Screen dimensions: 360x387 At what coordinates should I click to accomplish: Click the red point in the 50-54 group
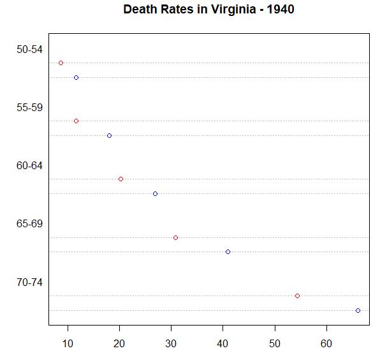[x=61, y=63]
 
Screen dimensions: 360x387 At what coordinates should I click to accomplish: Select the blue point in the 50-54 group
[x=76, y=77]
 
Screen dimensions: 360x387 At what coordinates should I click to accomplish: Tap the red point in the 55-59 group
[x=76, y=121]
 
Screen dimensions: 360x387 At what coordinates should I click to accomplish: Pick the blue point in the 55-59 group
[x=109, y=135]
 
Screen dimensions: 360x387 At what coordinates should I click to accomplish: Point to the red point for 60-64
[x=120, y=179]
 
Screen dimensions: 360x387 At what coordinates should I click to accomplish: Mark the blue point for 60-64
[x=155, y=193]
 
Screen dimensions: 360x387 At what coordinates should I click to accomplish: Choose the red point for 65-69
[x=175, y=237]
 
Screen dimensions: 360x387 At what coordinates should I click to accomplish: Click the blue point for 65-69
[x=228, y=251]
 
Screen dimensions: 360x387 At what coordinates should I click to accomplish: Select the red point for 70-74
[x=297, y=296]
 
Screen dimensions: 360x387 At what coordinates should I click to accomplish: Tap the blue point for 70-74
[x=358, y=310]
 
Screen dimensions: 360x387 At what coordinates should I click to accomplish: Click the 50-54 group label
[x=29, y=49]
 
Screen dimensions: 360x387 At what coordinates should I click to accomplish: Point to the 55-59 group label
[x=29, y=107]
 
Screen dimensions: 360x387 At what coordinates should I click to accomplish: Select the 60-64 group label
[x=29, y=165]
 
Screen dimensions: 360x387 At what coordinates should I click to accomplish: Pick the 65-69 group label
[x=29, y=223]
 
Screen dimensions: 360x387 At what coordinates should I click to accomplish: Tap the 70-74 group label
[x=29, y=282]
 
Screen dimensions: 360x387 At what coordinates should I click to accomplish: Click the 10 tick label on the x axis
[x=68, y=344]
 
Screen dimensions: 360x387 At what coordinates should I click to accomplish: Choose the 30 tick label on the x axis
[x=171, y=344]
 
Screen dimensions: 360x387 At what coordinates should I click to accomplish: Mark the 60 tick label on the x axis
[x=326, y=344]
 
